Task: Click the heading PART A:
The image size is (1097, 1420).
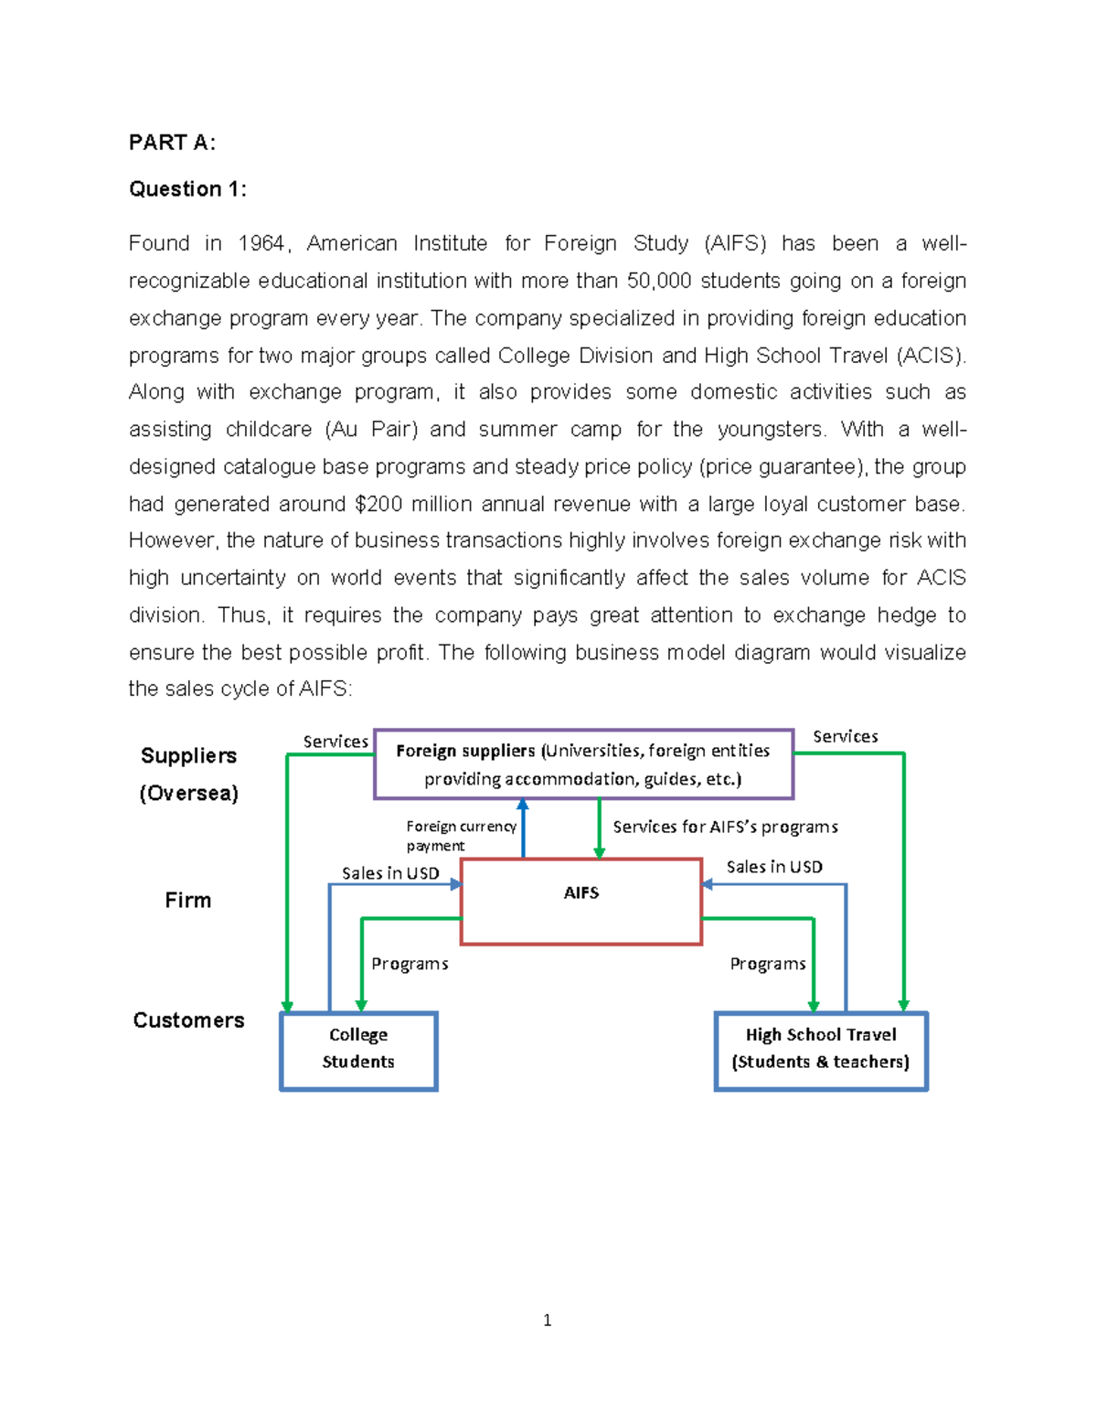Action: (x=172, y=143)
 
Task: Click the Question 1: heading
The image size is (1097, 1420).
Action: (x=187, y=189)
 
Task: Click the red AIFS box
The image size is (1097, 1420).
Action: (x=581, y=902)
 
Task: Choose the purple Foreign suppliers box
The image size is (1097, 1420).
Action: (x=583, y=764)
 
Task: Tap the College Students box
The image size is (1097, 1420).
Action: (x=358, y=1050)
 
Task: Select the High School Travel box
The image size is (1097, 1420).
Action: (x=821, y=1050)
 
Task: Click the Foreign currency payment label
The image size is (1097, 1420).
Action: (x=460, y=835)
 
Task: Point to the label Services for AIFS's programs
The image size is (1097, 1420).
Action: (x=725, y=827)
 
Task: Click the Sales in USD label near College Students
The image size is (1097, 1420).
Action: (x=390, y=873)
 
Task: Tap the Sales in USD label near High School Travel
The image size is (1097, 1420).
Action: (x=774, y=867)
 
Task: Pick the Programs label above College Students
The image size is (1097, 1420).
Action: (x=410, y=964)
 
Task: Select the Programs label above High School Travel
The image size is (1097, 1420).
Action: (x=768, y=964)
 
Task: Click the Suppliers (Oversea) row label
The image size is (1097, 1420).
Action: (x=188, y=774)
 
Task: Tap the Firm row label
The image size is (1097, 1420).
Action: (x=188, y=901)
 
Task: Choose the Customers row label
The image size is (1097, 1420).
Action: (x=188, y=1020)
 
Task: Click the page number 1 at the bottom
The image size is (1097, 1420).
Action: (x=547, y=1319)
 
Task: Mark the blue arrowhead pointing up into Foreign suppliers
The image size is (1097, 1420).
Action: (x=523, y=805)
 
